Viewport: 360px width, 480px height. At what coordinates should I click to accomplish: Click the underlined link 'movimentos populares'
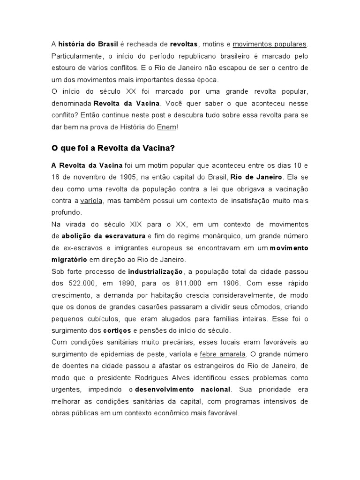click(270, 44)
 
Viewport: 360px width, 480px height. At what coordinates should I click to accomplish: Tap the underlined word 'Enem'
click(166, 127)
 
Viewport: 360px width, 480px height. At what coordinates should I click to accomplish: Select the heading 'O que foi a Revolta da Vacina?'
click(112, 148)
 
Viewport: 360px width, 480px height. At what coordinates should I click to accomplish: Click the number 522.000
click(80, 283)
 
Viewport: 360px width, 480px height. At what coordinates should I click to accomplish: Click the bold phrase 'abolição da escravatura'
click(104, 235)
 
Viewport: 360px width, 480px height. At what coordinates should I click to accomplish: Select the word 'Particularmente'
click(76, 56)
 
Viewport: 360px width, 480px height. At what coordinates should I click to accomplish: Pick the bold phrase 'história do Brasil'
click(85, 44)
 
